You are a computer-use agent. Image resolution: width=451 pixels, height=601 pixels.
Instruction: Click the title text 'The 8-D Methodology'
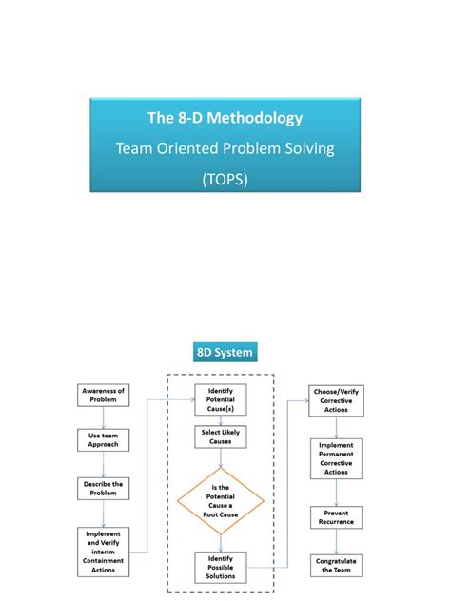click(225, 118)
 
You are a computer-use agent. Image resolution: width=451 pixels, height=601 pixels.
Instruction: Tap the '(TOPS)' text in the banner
click(225, 179)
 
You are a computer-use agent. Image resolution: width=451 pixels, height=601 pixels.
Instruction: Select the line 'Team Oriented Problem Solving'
click(225, 148)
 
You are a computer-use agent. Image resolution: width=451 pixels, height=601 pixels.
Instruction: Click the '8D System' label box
click(225, 353)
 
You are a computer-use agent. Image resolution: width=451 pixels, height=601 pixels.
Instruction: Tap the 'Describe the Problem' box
click(104, 490)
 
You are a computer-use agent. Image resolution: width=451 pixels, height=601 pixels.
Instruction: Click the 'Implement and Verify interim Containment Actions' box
click(104, 551)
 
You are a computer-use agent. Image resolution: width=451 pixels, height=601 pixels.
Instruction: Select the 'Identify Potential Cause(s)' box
click(221, 399)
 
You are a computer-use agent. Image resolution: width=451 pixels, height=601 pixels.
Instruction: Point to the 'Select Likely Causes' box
click(221, 437)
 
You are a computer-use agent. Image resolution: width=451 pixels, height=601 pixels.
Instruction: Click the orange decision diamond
click(221, 500)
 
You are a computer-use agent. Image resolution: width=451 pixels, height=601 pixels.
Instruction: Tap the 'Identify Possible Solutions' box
click(221, 567)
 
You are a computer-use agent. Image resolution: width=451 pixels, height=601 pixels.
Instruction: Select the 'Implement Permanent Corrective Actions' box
click(335, 458)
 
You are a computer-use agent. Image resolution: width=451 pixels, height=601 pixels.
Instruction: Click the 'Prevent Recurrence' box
click(335, 518)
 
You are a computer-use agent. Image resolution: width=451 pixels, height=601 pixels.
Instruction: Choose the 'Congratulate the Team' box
click(335, 566)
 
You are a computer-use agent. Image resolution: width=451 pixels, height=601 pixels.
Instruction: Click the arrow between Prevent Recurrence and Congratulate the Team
click(335, 542)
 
